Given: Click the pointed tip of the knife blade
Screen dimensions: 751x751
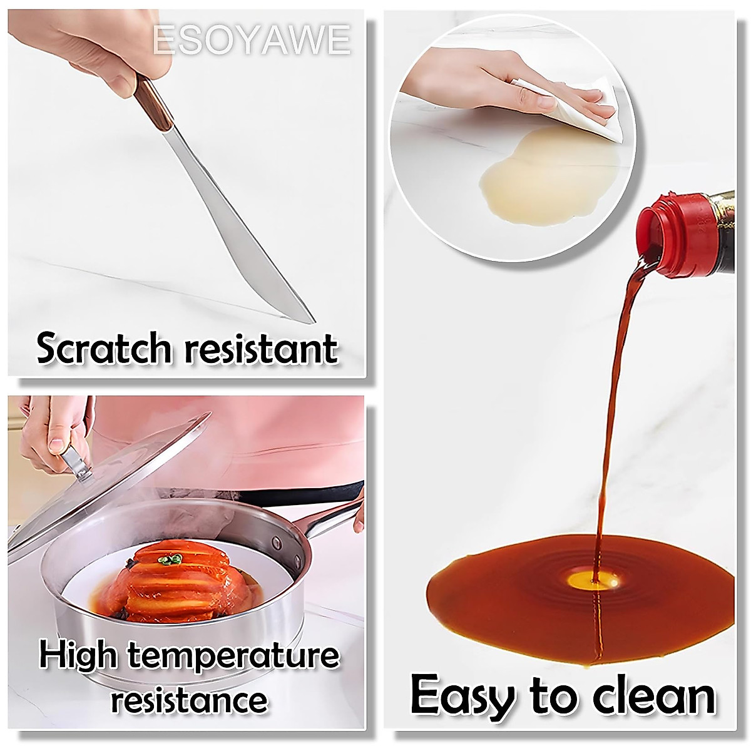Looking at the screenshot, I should click(311, 321).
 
